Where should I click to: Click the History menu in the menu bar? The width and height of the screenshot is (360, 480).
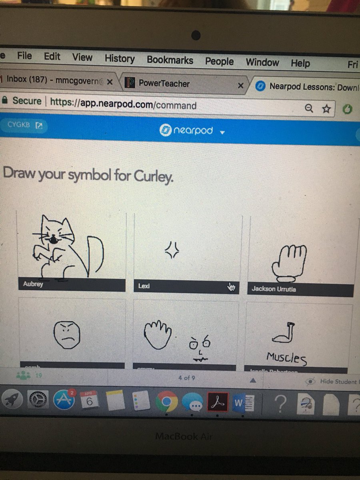click(119, 58)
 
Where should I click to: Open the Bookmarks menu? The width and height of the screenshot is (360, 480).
click(170, 60)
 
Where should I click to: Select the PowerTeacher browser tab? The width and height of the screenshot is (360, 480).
click(164, 83)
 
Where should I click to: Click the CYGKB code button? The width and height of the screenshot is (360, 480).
click(24, 125)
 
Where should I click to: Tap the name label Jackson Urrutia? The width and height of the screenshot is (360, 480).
click(274, 288)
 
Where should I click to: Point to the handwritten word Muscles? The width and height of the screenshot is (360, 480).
click(286, 357)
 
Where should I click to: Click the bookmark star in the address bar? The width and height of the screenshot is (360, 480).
click(326, 108)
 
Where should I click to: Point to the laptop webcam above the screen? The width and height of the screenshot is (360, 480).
click(196, 35)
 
